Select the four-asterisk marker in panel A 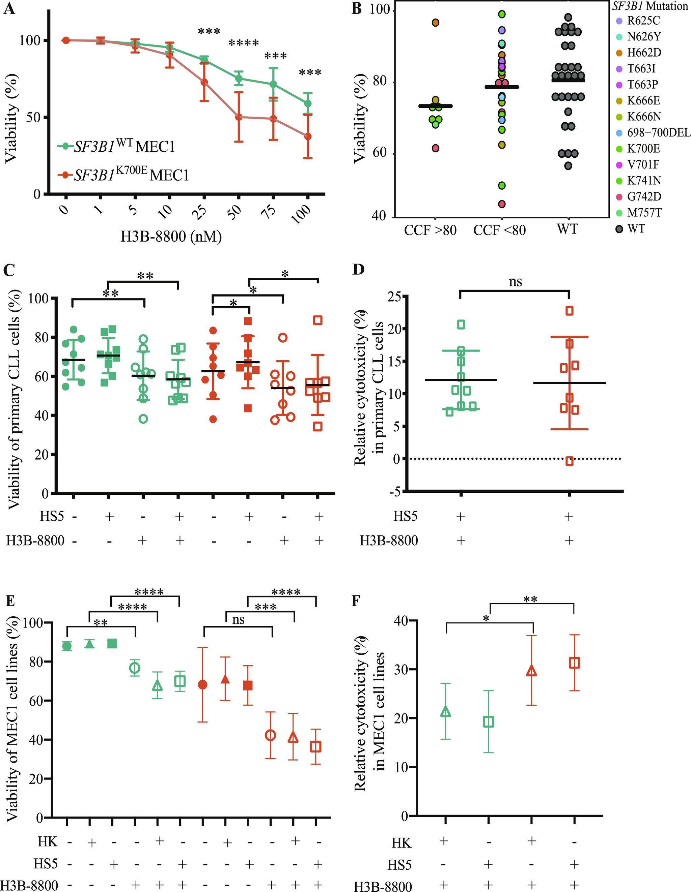point(244,43)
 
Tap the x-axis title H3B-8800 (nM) point(171,236)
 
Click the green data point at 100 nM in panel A point(308,103)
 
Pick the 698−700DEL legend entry point(658,133)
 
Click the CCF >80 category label point(430,231)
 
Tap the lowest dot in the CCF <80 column point(502,204)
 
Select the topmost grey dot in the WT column point(568,17)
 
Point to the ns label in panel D point(516,281)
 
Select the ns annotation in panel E point(238,620)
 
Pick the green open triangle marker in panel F point(446,712)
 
